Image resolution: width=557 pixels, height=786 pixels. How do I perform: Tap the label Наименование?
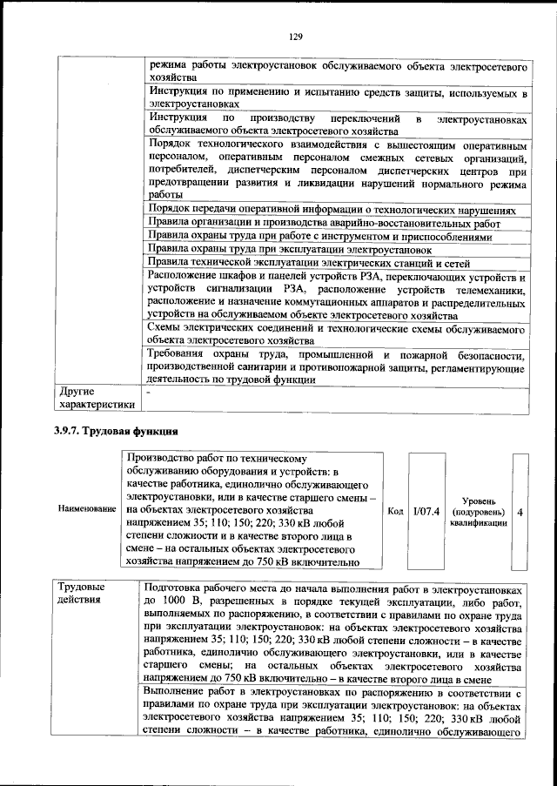click(86, 507)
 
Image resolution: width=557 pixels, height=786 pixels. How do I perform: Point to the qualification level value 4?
click(520, 512)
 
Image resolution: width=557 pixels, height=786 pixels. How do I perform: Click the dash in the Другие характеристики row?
click(149, 392)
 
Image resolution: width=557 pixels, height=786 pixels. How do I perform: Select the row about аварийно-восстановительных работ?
click(324, 223)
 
